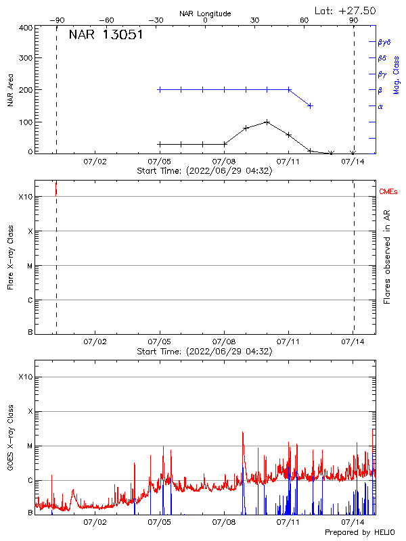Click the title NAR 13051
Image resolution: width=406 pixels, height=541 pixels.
(x=106, y=36)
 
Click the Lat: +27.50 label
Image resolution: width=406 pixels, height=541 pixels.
(x=346, y=10)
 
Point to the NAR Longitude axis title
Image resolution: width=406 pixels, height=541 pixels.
(x=205, y=14)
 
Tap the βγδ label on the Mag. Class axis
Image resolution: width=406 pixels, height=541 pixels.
(x=384, y=42)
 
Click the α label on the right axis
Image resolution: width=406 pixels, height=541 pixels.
(x=380, y=106)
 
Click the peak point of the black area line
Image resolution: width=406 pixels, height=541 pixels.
(x=267, y=122)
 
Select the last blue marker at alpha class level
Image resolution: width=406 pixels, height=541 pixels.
(x=310, y=105)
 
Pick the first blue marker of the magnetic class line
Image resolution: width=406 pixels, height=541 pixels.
(x=160, y=89)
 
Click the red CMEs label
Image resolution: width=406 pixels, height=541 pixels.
(x=388, y=193)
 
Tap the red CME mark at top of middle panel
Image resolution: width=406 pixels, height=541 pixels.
(x=56, y=189)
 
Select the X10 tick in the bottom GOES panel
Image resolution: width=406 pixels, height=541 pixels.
(x=25, y=377)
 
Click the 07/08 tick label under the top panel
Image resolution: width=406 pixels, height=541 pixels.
(x=224, y=162)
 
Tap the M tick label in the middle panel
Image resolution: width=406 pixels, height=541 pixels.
(x=30, y=266)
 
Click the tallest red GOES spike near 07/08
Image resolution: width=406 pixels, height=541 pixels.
(x=242, y=433)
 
